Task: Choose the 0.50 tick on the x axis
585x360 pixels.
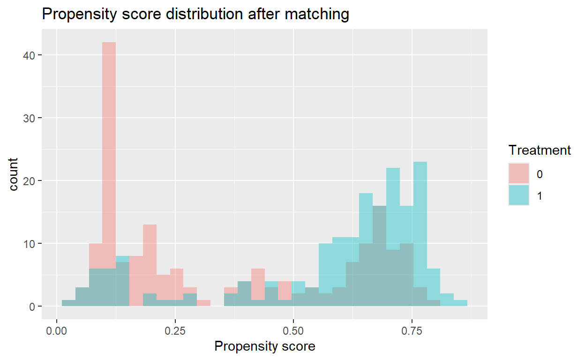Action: (x=293, y=331)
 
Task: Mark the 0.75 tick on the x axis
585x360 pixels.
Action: (x=412, y=331)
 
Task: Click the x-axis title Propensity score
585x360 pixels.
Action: (x=265, y=346)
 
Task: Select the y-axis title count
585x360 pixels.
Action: (x=14, y=174)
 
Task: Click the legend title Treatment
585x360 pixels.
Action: (x=540, y=150)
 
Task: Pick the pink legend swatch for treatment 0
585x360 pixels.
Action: (x=519, y=173)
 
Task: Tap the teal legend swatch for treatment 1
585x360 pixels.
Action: (x=519, y=195)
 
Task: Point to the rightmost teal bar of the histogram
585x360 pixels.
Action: (x=461, y=303)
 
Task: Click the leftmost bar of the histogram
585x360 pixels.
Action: (x=68, y=303)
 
